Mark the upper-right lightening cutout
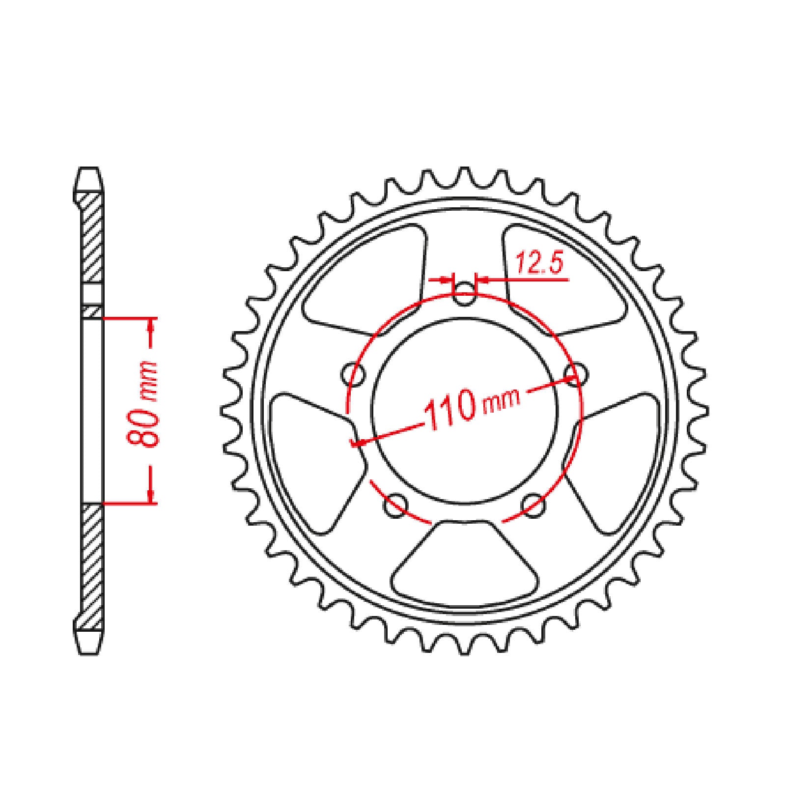(x=560, y=280)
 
